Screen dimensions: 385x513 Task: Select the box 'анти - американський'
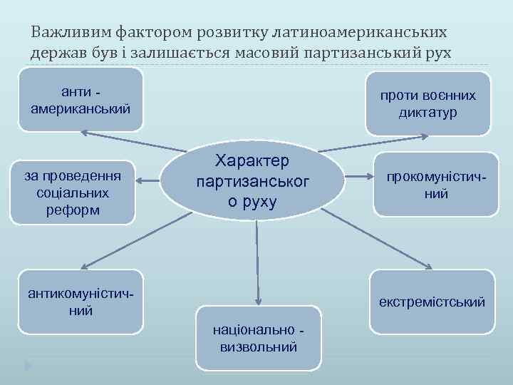pos(81,101)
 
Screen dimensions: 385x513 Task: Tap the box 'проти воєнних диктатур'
pos(427,104)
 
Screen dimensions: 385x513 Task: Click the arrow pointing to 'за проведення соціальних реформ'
pos(150,182)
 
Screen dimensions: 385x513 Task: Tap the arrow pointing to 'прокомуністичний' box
pos(360,177)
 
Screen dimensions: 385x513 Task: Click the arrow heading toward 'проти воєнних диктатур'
pos(378,141)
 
